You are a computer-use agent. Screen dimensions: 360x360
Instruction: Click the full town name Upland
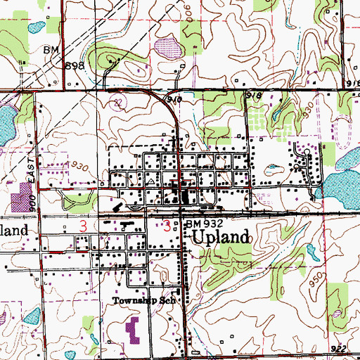point(220,237)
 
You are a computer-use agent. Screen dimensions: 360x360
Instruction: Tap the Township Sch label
point(148,300)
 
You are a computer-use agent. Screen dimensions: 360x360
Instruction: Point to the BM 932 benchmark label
point(204,224)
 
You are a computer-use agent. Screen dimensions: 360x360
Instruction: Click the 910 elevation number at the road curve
point(174,101)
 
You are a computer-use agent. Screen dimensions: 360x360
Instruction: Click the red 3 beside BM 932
point(167,227)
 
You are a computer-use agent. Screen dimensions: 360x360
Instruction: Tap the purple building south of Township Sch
point(133,327)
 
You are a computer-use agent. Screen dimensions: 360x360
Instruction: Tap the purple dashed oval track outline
point(344,130)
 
